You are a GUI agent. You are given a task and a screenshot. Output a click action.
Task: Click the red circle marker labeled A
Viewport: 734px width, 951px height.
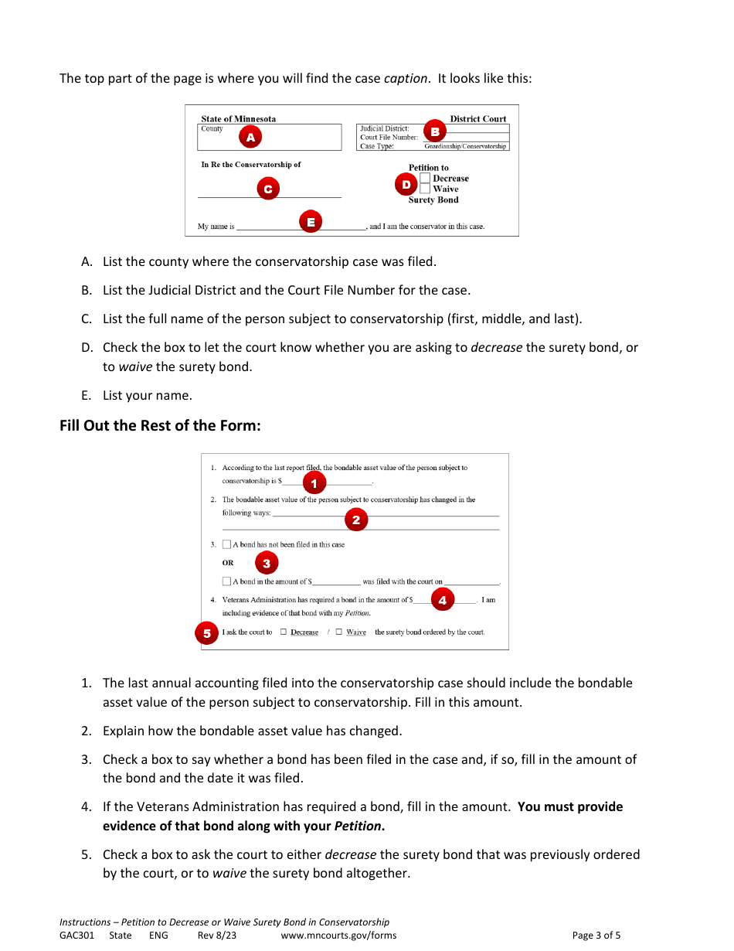(250, 138)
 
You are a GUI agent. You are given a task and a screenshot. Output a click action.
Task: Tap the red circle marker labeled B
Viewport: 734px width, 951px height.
(434, 132)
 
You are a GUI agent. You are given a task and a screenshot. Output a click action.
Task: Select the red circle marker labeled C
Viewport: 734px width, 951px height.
(267, 189)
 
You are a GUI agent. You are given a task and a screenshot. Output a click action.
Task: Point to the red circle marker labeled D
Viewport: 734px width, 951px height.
(406, 185)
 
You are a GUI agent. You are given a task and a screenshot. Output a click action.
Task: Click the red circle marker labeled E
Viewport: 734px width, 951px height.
(310, 222)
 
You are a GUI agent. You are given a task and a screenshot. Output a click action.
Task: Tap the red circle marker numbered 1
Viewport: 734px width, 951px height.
(314, 483)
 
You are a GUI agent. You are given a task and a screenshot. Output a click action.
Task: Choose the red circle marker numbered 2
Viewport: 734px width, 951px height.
(355, 520)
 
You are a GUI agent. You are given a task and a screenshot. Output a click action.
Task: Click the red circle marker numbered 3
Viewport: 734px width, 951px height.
(266, 563)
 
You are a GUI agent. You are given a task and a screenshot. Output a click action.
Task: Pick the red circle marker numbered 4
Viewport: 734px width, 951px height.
(442, 600)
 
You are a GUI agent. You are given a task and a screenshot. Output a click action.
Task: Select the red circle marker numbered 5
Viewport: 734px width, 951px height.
(206, 633)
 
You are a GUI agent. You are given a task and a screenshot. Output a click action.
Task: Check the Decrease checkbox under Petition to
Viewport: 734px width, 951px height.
(425, 179)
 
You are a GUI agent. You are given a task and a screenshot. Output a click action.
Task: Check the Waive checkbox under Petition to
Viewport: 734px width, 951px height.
(425, 189)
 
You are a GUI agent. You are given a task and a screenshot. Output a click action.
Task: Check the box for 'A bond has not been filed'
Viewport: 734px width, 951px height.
(226, 544)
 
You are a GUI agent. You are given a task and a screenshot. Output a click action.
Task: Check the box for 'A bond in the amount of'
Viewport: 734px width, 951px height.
(226, 581)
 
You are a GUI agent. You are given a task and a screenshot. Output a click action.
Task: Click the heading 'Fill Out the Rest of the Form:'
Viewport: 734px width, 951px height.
(160, 426)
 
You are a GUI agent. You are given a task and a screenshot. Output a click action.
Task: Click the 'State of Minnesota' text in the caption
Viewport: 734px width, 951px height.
(238, 119)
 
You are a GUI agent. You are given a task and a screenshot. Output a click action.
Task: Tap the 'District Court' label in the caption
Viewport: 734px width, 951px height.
(477, 119)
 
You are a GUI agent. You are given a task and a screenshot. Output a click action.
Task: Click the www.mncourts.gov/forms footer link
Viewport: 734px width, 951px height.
(338, 936)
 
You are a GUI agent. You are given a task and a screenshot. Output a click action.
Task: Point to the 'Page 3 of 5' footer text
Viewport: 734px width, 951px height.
(596, 936)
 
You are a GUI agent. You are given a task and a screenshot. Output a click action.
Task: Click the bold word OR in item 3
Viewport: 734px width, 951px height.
(228, 563)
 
